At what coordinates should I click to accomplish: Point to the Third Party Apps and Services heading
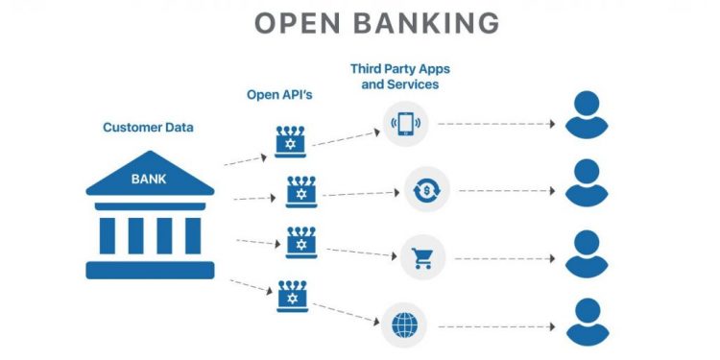click(400, 77)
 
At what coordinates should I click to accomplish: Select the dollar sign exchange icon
click(423, 190)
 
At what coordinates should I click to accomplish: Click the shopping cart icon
click(421, 257)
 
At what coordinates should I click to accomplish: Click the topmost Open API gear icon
click(289, 140)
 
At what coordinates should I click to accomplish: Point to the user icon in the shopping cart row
click(587, 254)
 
